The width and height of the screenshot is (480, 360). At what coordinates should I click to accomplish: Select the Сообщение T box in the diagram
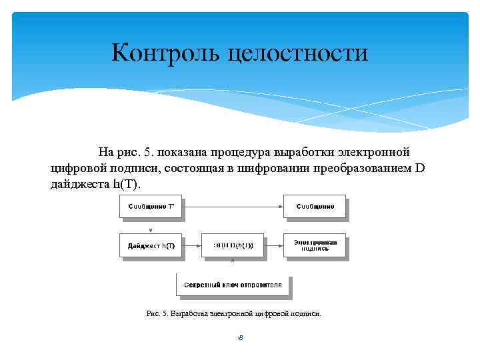[x=150, y=207]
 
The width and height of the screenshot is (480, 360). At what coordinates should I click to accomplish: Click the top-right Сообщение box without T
[x=315, y=207]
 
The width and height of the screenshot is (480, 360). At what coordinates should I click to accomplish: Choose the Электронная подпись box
[x=315, y=245]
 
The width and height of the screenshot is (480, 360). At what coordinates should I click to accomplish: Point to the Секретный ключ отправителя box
[x=233, y=285]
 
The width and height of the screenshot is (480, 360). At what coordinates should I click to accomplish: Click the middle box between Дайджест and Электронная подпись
[x=233, y=245]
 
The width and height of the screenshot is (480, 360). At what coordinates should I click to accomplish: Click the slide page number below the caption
[x=240, y=338]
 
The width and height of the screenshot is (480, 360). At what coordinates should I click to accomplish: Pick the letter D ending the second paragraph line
[x=419, y=167]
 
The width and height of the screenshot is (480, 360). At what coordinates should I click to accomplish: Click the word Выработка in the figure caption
[x=189, y=313]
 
